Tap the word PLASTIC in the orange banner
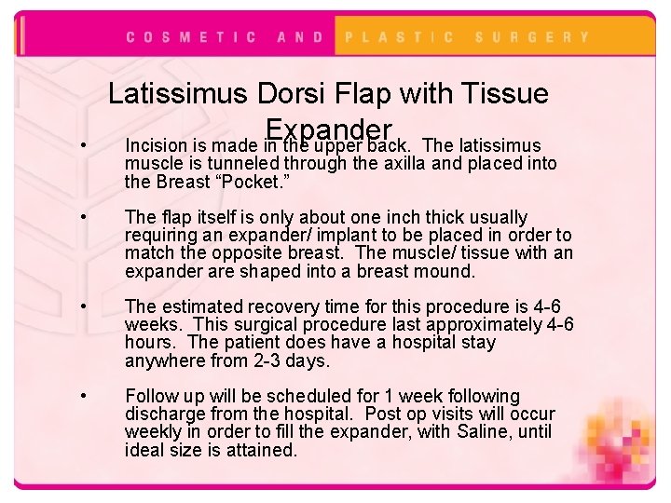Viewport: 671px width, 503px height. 400,37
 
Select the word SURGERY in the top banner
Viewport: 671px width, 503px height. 532,37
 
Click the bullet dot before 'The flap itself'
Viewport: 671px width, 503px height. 84,218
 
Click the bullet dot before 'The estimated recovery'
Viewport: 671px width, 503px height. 84,306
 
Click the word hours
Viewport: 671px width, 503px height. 147,343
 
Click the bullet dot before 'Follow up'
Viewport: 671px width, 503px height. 84,397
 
